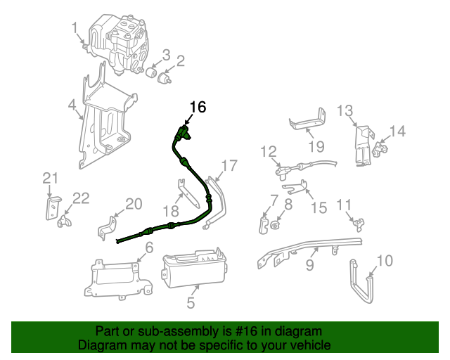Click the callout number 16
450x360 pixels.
pyautogui.click(x=198, y=107)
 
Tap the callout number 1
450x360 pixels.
pyautogui.click(x=75, y=27)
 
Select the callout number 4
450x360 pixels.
pyautogui.click(x=72, y=106)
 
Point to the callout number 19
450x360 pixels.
pyautogui.click(x=316, y=146)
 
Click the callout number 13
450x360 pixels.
pyautogui.click(x=345, y=110)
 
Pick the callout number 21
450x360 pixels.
pyautogui.click(x=49, y=178)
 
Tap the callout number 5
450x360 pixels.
pyautogui.click(x=191, y=304)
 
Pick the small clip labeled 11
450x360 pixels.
pyautogui.click(x=359, y=224)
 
